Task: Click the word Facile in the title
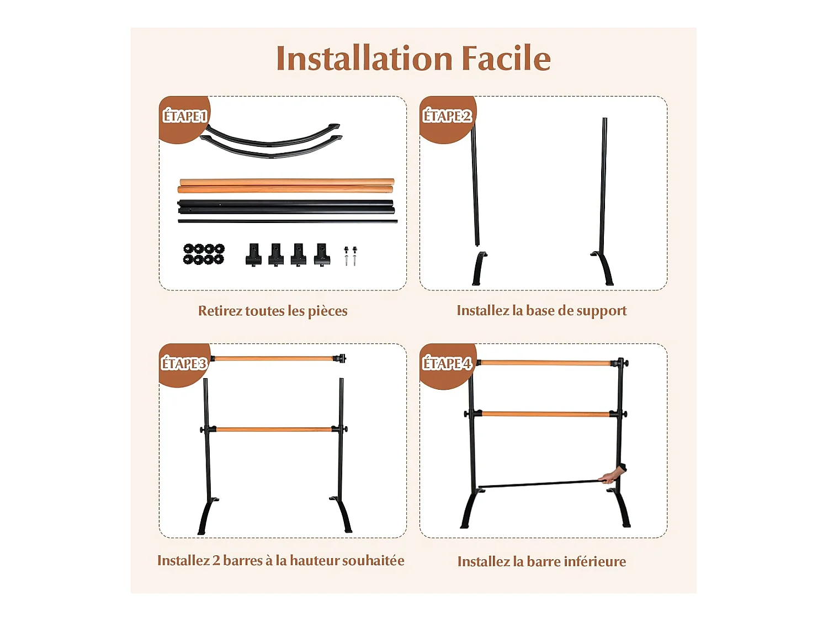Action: [506, 59]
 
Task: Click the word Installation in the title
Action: [364, 59]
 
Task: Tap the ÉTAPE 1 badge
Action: [184, 116]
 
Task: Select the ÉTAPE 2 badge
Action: [447, 116]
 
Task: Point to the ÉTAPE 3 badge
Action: [184, 364]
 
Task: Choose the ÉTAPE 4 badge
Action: [447, 364]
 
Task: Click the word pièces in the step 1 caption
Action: [327, 311]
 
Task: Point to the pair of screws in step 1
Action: [350, 256]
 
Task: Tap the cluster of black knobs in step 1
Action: [204, 254]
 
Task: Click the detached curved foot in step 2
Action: [479, 269]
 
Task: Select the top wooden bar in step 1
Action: [287, 182]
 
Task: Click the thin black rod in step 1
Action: [287, 221]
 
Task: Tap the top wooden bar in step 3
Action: [274, 359]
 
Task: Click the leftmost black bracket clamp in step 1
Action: [253, 254]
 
